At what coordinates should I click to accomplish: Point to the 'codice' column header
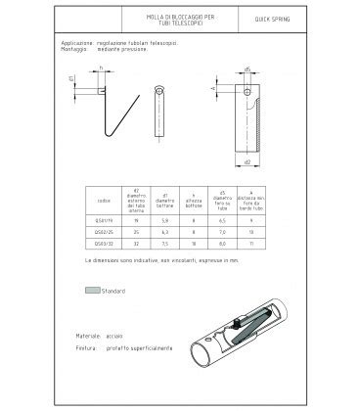pos(105,201)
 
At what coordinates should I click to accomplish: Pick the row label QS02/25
pos(105,233)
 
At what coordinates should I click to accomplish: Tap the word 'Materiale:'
pos(90,336)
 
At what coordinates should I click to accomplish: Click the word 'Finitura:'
pos(88,347)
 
